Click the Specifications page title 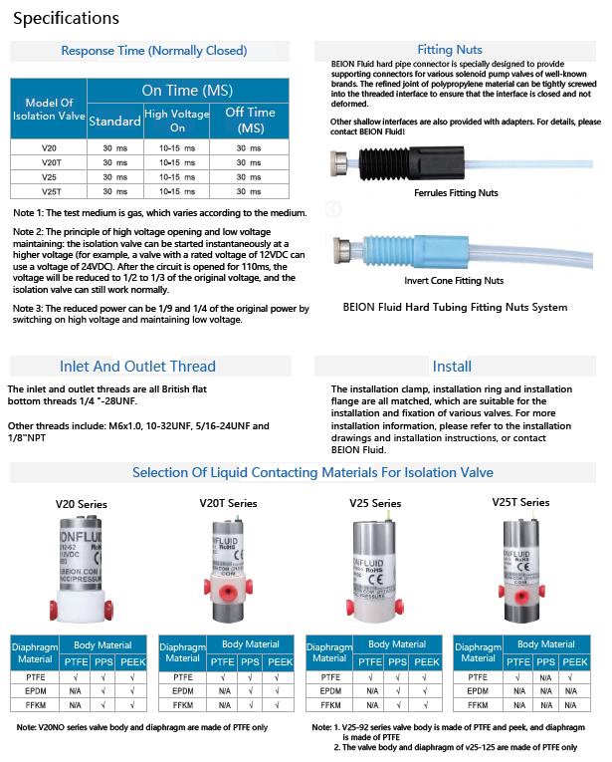tap(67, 18)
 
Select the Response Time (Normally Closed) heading tap(154, 51)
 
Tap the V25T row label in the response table tap(50, 191)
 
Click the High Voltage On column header tap(176, 121)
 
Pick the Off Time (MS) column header tap(250, 120)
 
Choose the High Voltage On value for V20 tap(177, 147)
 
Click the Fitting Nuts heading tap(450, 50)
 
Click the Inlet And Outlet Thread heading tap(137, 366)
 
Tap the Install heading tap(452, 366)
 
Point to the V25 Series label tap(375, 503)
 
